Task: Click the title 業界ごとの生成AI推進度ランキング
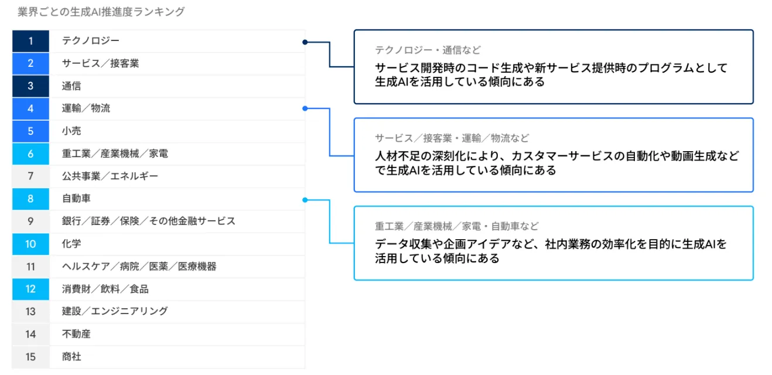pos(101,12)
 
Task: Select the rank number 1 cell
pos(30,41)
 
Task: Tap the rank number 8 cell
pos(30,199)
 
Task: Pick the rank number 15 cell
pos(30,356)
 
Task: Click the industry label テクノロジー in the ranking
pos(91,41)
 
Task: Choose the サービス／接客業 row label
pos(100,63)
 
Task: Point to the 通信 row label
pos(71,86)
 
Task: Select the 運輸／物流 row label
pos(86,108)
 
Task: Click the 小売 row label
pos(71,131)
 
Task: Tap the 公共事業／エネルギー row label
pos(110,176)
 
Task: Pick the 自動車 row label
pos(76,199)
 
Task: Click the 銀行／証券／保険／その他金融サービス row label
pos(149,221)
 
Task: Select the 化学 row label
pos(71,244)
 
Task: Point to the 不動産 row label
pos(76,334)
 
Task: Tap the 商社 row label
pos(71,356)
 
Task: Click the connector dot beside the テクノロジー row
pos(305,42)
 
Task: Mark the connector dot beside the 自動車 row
pos(305,200)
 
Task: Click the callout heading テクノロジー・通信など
pos(428,50)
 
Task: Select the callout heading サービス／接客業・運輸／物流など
pos(452,138)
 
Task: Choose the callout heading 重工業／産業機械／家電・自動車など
pos(456,226)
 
